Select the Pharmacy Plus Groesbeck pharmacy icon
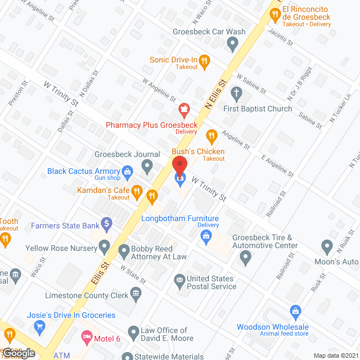coord(183,108)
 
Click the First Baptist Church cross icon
coord(237,93)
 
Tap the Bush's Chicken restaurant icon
coord(211,135)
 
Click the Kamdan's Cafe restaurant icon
coord(151,196)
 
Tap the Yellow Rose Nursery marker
coord(104,246)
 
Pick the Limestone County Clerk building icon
coord(136,293)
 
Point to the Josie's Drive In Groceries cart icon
coord(39,326)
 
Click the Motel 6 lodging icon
coord(86,336)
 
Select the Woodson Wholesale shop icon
coord(295,310)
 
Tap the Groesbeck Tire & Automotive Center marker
coord(245,258)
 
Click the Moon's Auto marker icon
coord(327,246)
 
